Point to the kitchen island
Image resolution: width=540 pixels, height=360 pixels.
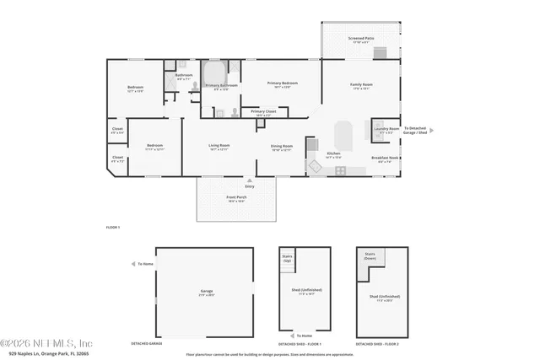(x=343, y=135)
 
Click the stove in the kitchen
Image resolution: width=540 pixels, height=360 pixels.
(x=340, y=170)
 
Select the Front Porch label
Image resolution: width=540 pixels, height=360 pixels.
(x=236, y=200)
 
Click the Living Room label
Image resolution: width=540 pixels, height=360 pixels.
(x=219, y=147)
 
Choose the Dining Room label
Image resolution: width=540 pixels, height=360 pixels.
(x=281, y=147)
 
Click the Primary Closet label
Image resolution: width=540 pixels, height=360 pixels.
(x=263, y=111)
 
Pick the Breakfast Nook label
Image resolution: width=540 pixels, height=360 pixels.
(x=385, y=158)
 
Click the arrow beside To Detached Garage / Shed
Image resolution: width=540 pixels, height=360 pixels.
(x=431, y=131)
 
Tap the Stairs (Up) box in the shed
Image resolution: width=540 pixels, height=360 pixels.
(x=287, y=260)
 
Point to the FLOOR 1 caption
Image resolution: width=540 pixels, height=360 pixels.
(x=113, y=228)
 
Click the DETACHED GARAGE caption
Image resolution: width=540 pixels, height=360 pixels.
(x=146, y=343)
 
